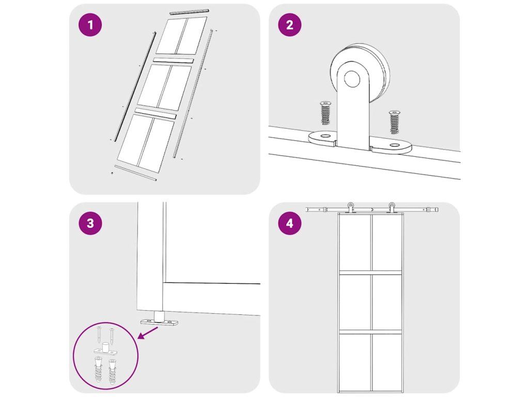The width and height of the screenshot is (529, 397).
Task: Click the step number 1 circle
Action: [x=90, y=25]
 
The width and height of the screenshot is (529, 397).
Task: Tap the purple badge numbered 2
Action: [x=289, y=25]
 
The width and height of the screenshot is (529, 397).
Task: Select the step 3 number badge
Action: [x=90, y=223]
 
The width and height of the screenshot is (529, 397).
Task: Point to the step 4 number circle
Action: [x=289, y=223]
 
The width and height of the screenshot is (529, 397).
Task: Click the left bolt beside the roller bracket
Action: [x=325, y=113]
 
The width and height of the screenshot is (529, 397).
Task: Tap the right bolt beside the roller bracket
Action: [x=394, y=121]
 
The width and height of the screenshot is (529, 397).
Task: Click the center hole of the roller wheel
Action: [x=352, y=79]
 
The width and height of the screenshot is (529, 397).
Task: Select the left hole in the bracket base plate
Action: [x=325, y=136]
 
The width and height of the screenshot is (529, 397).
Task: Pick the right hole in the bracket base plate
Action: [x=394, y=145]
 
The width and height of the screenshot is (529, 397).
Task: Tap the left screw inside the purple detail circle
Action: [x=99, y=334]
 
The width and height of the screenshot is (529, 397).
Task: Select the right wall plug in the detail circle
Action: [x=112, y=371]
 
